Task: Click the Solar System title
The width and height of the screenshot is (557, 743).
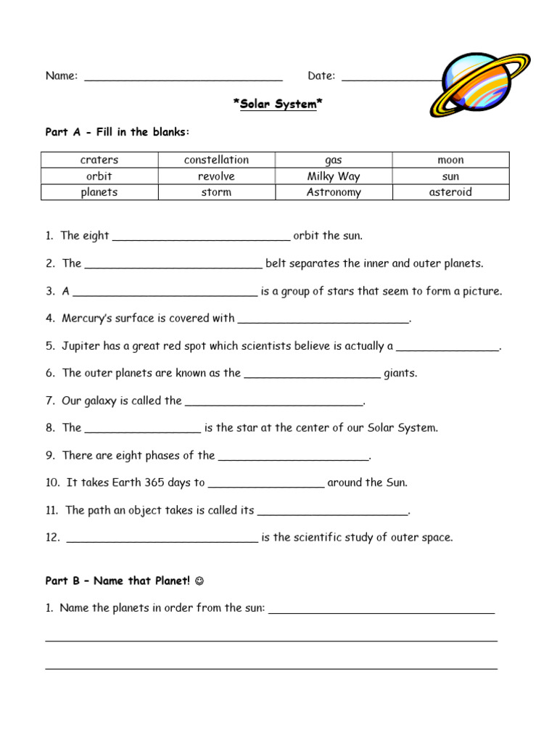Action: (278, 104)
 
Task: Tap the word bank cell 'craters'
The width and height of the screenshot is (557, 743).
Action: (99, 160)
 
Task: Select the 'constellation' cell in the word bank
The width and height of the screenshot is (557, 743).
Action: (216, 160)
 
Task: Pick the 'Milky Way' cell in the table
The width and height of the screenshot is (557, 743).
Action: (334, 176)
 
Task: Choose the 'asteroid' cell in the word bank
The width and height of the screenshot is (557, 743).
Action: (450, 192)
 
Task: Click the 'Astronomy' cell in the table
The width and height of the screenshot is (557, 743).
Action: (334, 192)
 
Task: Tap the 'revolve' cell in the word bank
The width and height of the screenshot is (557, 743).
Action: (216, 176)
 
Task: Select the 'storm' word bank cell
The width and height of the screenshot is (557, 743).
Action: (216, 192)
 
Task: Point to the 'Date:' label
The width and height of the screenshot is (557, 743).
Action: (321, 76)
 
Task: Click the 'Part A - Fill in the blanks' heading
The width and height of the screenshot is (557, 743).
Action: (117, 132)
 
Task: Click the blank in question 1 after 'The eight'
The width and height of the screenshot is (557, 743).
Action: (201, 237)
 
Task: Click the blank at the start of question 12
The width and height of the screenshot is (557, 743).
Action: (162, 539)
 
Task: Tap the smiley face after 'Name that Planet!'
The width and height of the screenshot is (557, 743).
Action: (200, 581)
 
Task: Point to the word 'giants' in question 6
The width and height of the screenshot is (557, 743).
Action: (400, 374)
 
